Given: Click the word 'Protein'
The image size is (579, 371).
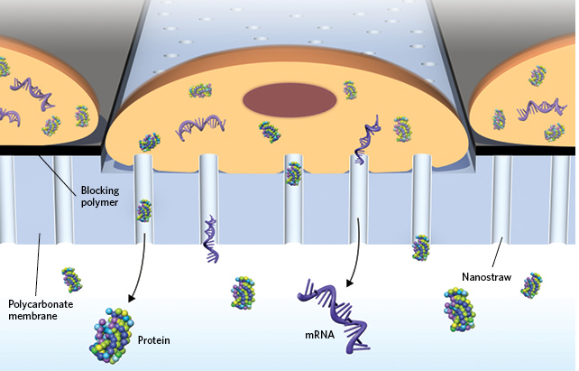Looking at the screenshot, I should [x=154, y=340].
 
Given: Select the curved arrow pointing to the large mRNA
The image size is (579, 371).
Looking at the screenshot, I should [x=361, y=253].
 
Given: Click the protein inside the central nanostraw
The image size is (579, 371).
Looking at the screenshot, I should [x=293, y=172].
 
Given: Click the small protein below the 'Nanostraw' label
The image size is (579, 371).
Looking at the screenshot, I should [x=532, y=284].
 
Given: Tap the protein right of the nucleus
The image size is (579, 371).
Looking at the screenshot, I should [x=350, y=90].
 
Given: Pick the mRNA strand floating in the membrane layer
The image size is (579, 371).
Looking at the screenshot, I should [x=211, y=240].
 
